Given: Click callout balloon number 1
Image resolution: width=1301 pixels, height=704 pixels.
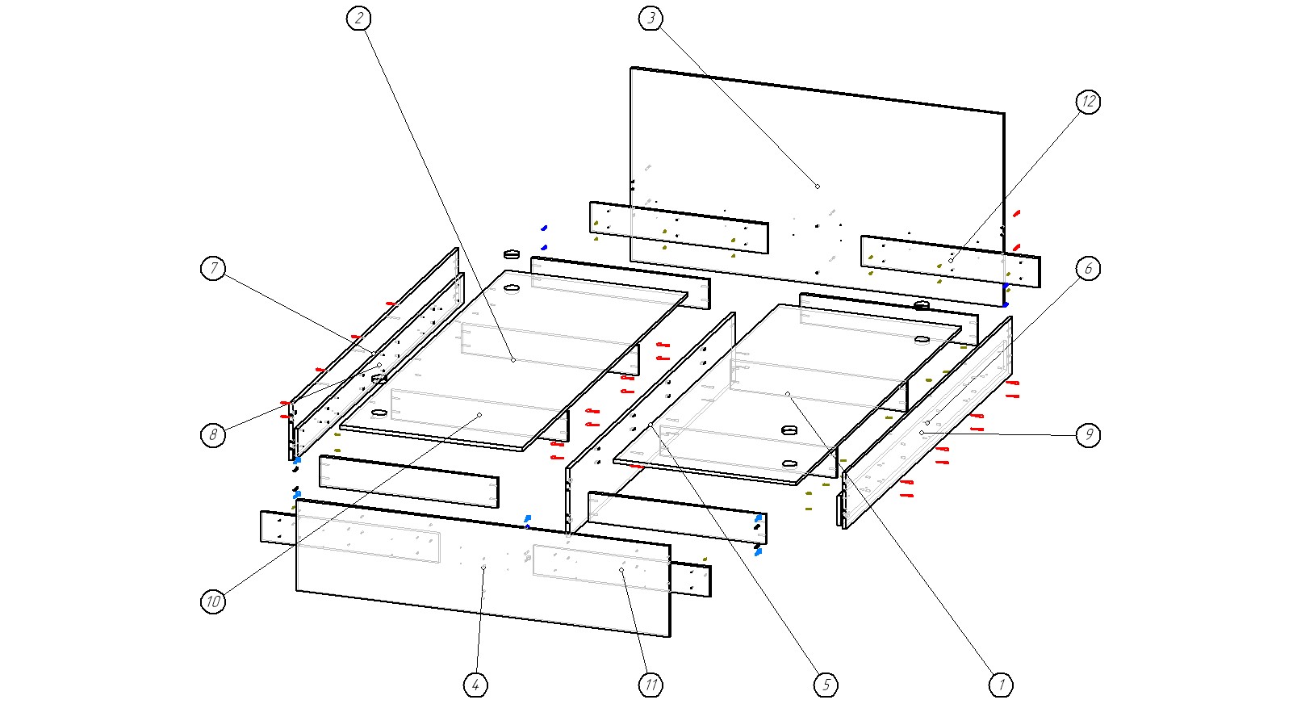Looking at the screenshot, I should [x=1001, y=685].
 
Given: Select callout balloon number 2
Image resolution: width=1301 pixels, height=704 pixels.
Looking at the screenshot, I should [x=359, y=19].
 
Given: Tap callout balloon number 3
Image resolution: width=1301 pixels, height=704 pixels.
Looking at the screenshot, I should [x=651, y=19].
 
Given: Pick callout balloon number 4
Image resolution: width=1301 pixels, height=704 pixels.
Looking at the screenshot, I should [x=476, y=685].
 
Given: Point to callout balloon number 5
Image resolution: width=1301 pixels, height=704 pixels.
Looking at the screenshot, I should [x=826, y=685].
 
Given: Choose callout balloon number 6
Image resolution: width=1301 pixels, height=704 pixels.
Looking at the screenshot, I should [x=1088, y=268].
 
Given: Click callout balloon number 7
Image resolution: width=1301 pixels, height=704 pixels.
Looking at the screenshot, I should [x=213, y=268].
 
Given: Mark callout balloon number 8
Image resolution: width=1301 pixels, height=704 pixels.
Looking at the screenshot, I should [x=213, y=435].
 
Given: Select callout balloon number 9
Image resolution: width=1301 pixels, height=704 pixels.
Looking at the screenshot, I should [x=1088, y=435].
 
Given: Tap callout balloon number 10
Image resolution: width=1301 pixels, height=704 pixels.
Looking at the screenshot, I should [x=213, y=601].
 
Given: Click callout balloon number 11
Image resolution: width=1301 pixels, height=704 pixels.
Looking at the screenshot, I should [x=651, y=685].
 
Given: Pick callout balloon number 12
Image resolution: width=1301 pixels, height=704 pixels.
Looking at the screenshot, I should [x=1088, y=102].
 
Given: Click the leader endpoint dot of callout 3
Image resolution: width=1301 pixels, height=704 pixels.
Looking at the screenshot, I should [x=818, y=186].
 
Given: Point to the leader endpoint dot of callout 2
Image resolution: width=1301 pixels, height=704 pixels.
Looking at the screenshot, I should [x=513, y=360].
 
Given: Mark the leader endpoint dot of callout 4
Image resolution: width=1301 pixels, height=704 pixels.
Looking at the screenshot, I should [x=483, y=568].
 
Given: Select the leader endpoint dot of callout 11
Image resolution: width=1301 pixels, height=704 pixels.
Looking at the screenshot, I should [x=622, y=570].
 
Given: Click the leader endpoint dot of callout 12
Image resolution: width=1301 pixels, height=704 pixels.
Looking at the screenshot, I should [x=951, y=260].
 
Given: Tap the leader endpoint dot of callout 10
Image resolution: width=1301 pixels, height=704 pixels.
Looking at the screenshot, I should [x=479, y=415].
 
